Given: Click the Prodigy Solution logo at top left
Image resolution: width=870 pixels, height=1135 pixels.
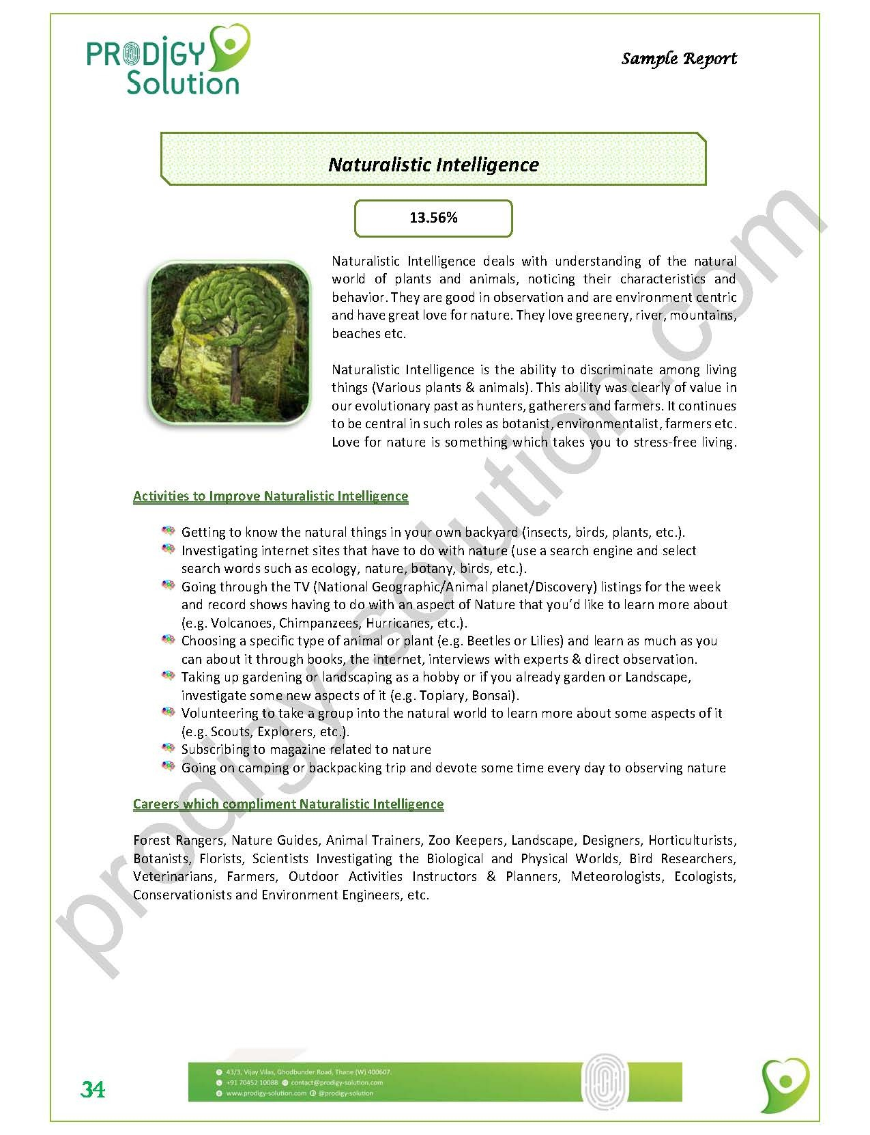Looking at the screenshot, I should [x=167, y=61].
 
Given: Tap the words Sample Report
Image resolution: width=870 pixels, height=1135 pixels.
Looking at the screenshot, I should [x=679, y=59].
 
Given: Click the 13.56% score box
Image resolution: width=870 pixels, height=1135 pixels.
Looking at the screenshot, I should [x=433, y=218].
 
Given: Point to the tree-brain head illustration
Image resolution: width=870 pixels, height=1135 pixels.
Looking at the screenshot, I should [x=229, y=343].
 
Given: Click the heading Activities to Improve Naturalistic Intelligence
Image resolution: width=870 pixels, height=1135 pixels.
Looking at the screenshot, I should [x=270, y=496].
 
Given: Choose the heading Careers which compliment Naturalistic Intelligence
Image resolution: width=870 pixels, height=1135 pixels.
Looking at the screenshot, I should [x=288, y=804].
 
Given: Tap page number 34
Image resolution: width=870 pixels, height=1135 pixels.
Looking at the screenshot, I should [x=93, y=1089].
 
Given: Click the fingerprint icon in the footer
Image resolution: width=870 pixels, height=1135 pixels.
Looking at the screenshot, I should [x=603, y=1081].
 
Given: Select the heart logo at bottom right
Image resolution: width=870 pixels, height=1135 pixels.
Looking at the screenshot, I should [x=785, y=1084].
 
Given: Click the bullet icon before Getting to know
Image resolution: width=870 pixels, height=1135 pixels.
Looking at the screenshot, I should [x=168, y=531].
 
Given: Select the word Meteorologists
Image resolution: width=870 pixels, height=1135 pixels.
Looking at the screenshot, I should [x=616, y=877].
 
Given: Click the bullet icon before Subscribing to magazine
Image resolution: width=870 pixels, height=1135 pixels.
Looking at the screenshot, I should [x=168, y=748].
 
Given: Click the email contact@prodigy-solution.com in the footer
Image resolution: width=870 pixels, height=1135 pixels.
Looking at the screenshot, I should [x=336, y=1082].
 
